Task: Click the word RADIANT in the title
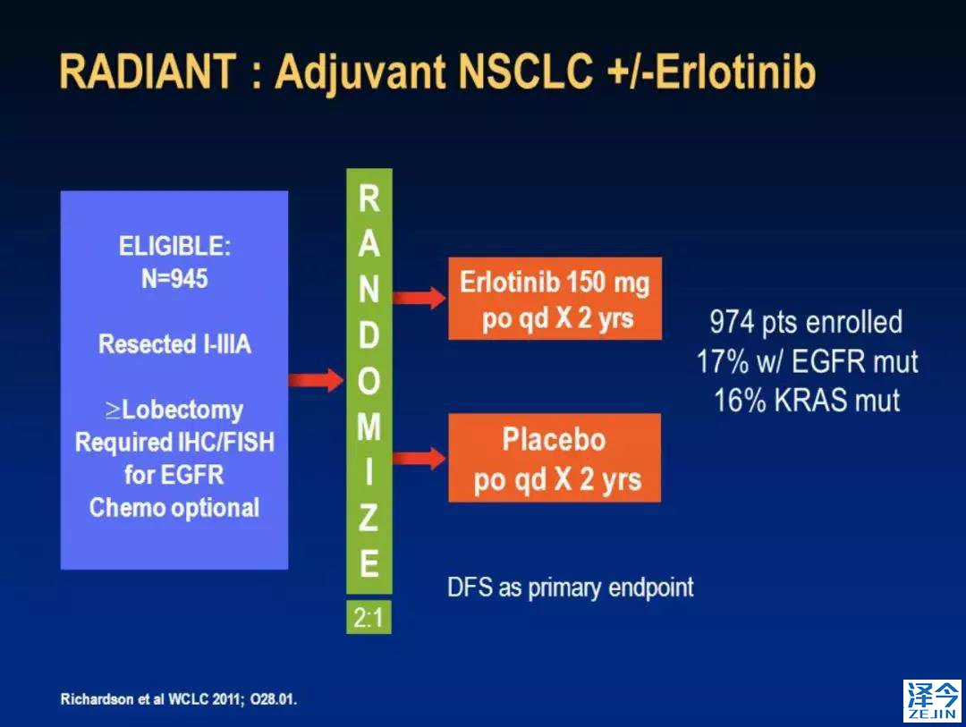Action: click(148, 72)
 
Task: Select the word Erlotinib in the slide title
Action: click(735, 72)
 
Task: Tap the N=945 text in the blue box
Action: click(174, 279)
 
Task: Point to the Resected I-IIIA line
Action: click(174, 343)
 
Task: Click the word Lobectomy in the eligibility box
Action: click(182, 410)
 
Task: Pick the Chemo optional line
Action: click(174, 508)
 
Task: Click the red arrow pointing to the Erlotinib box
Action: click(419, 298)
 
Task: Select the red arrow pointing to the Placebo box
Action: click(419, 459)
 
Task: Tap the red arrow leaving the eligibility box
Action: click(316, 379)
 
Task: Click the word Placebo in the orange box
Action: click(554, 439)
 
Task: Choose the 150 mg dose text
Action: click(607, 283)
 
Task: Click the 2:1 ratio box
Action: click(369, 617)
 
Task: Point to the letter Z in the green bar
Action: click(369, 518)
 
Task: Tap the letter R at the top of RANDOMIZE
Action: click(369, 199)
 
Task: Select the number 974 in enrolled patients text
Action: click(732, 322)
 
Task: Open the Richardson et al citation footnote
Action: click(179, 699)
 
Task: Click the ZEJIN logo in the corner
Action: click(932, 700)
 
